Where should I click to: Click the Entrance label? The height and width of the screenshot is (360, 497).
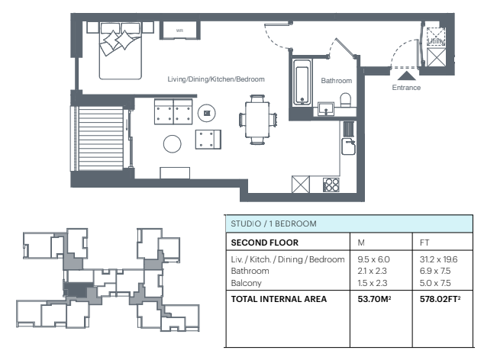point(406,88)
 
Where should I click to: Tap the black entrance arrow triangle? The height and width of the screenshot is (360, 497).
point(406,76)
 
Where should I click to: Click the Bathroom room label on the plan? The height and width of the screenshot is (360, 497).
point(337,81)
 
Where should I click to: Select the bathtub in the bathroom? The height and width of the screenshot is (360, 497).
point(302,82)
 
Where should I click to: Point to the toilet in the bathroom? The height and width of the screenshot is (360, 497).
point(345,100)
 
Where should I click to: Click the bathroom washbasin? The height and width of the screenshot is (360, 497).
point(326,108)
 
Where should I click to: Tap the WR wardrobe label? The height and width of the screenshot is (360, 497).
point(179,31)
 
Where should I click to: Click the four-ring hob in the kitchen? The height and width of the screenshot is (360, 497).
point(331,185)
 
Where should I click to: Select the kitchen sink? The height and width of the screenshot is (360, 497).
point(348,146)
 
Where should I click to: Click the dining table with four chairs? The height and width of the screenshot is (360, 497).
point(258,120)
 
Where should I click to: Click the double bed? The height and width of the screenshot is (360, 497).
point(120,50)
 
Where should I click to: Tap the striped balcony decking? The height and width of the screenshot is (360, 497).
point(101,138)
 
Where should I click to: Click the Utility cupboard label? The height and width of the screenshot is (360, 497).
point(436,41)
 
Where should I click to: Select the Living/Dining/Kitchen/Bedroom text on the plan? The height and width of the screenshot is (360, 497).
point(216,79)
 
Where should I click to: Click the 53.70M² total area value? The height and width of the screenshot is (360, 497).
point(374,299)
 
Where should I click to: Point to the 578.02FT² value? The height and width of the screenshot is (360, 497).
point(440,299)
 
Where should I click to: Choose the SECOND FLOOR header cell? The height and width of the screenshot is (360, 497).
point(265,243)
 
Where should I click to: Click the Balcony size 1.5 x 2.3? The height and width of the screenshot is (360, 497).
point(373,283)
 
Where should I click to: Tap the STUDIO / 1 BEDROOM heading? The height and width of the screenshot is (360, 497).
point(273,223)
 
